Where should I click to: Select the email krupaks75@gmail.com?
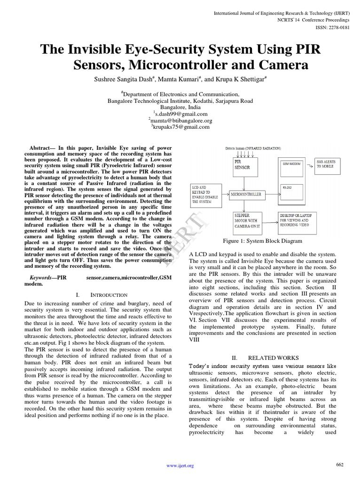coord(180,127)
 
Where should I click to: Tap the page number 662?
coord(339,465)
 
